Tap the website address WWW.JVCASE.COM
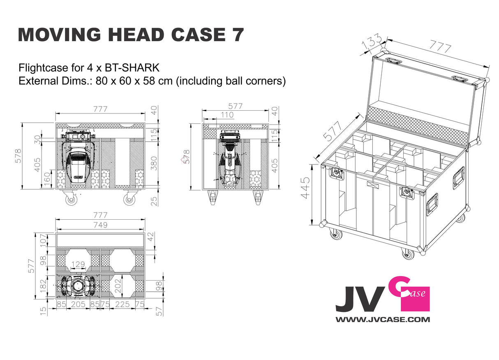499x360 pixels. point(383,319)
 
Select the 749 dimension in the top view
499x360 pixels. point(100,225)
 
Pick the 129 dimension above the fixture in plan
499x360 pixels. point(78,264)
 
